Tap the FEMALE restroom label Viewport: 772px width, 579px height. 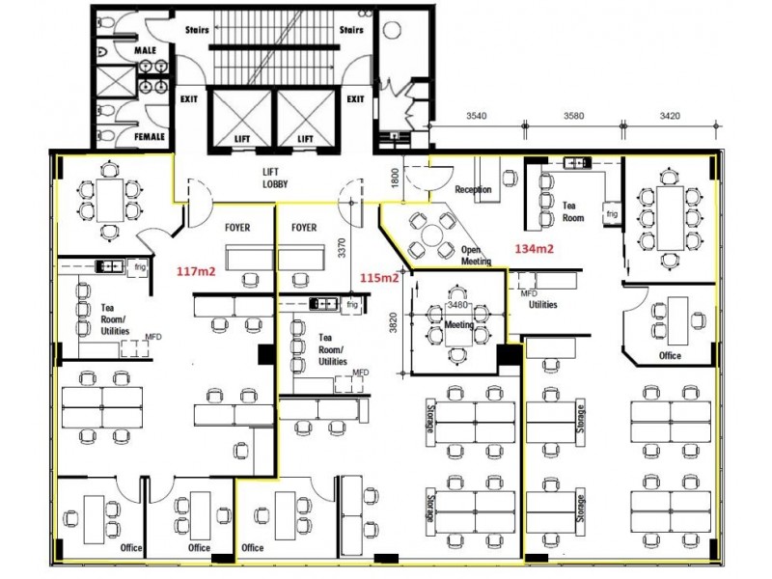coord(149,137)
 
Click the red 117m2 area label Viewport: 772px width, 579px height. coord(195,271)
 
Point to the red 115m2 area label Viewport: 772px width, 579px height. coord(379,279)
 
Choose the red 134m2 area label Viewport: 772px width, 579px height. coord(533,248)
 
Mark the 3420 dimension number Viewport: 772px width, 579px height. coord(670,116)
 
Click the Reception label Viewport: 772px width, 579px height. coord(473,190)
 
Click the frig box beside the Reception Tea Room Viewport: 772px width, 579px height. coord(612,212)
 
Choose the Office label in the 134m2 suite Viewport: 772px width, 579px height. coord(670,355)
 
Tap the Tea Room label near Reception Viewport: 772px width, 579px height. coord(573,211)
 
